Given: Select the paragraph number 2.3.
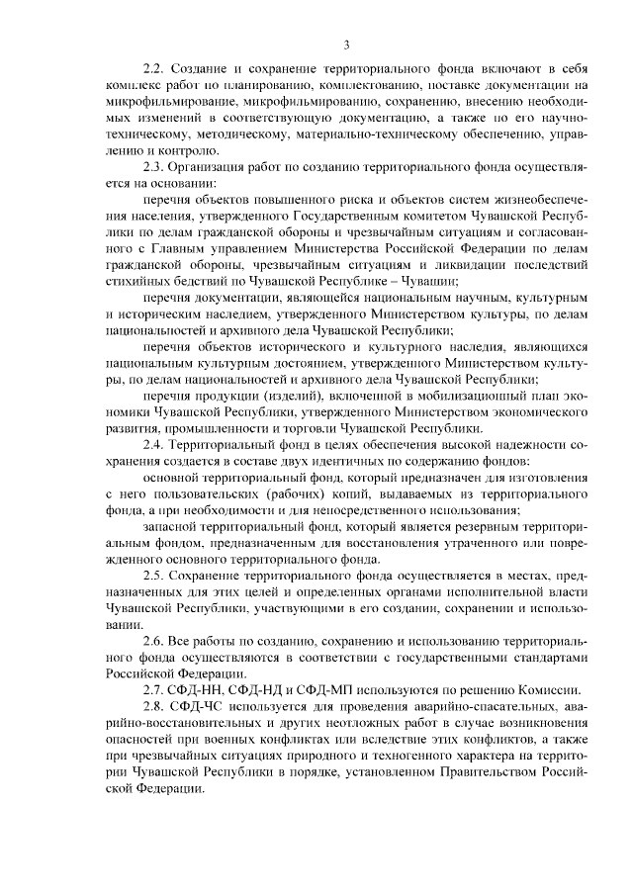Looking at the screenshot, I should click(x=154, y=166).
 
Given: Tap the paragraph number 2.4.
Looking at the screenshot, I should click(x=154, y=444).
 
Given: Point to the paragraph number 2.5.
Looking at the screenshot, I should click(x=154, y=575).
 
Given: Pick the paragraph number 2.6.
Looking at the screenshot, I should click(x=154, y=640).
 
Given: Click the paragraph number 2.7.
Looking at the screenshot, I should click(x=154, y=688).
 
